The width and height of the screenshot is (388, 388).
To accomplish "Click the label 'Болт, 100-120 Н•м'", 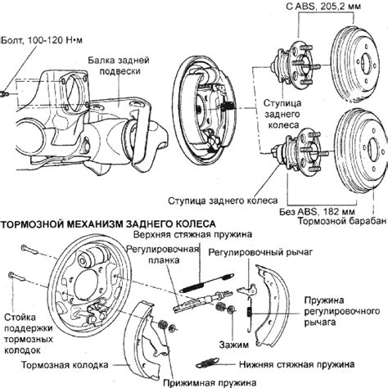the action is tap(42, 40).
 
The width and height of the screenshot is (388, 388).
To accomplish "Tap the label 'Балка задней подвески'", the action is tap(119, 65).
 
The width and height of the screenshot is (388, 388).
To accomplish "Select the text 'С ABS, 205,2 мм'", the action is tap(323, 6).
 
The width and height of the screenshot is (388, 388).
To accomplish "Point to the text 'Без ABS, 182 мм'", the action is tap(317, 212).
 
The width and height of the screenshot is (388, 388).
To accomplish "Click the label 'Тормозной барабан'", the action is tap(342, 221).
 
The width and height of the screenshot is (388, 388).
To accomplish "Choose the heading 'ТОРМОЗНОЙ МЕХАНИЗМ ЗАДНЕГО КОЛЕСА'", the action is tap(109, 224).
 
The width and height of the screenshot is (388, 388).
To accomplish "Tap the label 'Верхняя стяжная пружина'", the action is tap(192, 235).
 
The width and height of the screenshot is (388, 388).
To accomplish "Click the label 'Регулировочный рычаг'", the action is tap(260, 252).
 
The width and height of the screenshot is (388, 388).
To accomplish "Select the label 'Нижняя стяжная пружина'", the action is tap(297, 364).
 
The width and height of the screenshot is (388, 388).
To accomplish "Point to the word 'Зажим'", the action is tap(234, 345).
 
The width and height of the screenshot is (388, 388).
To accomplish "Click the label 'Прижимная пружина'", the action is tap(210, 382).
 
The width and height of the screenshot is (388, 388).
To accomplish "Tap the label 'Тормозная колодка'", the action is tap(65, 365).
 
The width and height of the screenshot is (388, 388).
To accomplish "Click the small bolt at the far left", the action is tap(5, 94).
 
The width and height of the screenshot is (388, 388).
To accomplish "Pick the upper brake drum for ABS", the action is tap(354, 64).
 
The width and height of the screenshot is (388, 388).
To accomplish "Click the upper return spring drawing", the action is tap(206, 283).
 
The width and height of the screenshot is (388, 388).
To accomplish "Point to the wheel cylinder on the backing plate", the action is tap(92, 258).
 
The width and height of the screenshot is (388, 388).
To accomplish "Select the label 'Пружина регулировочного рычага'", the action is tap(341, 311).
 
